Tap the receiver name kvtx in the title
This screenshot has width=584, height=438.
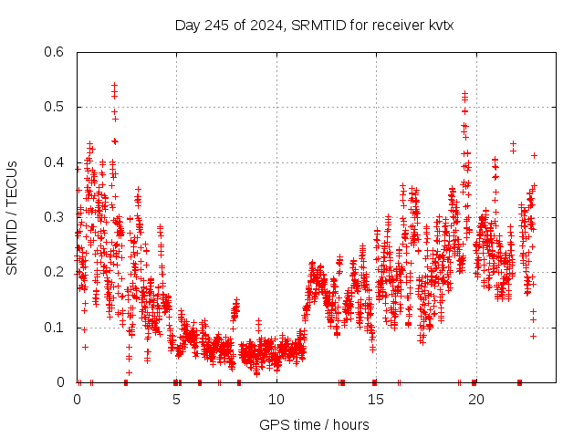click(x=440, y=26)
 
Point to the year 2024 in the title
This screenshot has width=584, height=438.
click(x=264, y=26)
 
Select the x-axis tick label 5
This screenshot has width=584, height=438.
click(x=176, y=400)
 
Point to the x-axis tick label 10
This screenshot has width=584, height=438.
click(x=276, y=400)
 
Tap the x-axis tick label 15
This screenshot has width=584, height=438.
click(x=375, y=400)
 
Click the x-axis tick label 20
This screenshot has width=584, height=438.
click(x=474, y=400)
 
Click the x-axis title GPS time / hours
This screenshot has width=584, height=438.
click(x=314, y=424)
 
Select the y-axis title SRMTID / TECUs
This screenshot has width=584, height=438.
click(x=13, y=217)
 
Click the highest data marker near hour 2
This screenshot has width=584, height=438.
click(x=114, y=85)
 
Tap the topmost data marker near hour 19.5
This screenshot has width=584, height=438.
click(x=464, y=93)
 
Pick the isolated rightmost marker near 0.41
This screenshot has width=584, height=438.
click(x=534, y=155)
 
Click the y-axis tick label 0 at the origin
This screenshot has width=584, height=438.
click(x=62, y=382)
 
